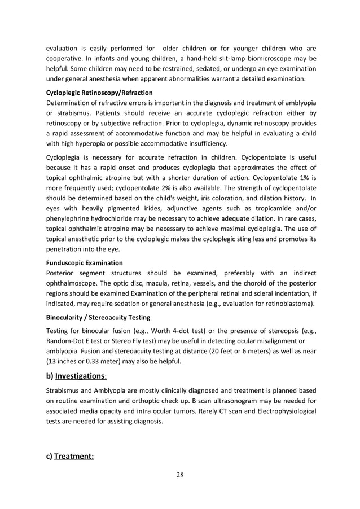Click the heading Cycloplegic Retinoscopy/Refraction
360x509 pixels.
[99, 92]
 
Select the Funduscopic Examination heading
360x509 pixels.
[84, 262]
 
